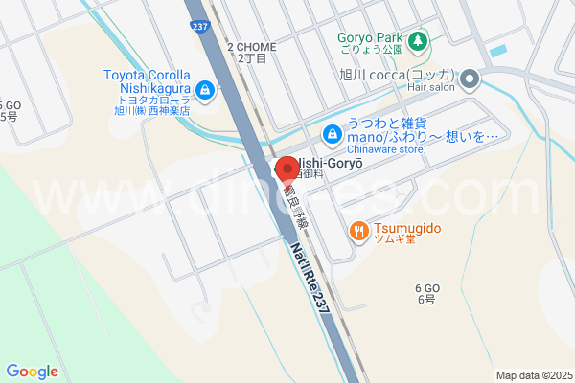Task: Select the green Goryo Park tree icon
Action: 418,41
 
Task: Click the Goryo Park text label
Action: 369,39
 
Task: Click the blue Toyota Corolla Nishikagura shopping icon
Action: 204,91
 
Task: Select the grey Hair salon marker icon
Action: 470,78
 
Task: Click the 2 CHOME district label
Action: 251,46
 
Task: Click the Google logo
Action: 33,372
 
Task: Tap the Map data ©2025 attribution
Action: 533,375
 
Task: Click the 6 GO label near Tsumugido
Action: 426,288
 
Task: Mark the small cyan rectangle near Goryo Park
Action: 497,50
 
